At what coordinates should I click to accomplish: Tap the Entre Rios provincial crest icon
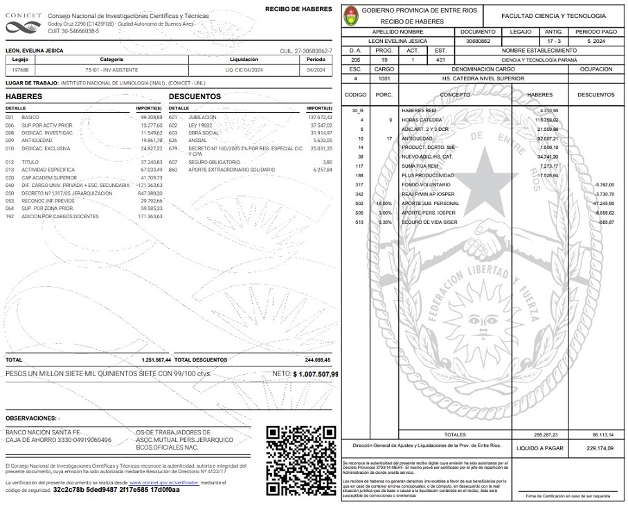coord(350,15)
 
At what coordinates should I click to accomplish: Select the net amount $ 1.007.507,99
coord(316,374)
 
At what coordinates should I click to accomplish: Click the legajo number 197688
coord(21,70)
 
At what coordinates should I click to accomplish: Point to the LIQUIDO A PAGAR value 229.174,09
coord(600,449)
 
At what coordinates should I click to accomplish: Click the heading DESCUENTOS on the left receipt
coord(195,96)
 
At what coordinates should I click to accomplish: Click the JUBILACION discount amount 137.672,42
coord(319,118)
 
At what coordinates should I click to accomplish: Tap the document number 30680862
coord(478,41)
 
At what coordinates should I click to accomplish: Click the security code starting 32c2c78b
coord(116,490)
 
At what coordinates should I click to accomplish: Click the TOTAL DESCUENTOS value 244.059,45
coord(318,360)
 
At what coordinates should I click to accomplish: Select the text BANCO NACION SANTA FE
coord(43,432)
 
